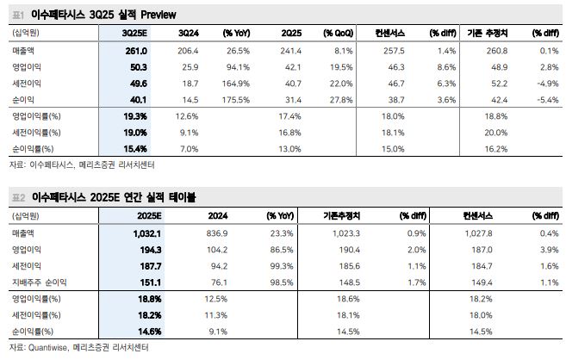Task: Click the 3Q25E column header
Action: coord(134,32)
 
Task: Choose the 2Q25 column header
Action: coord(289,32)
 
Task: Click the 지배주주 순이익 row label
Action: coord(38,282)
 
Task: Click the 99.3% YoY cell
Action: coord(280,266)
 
